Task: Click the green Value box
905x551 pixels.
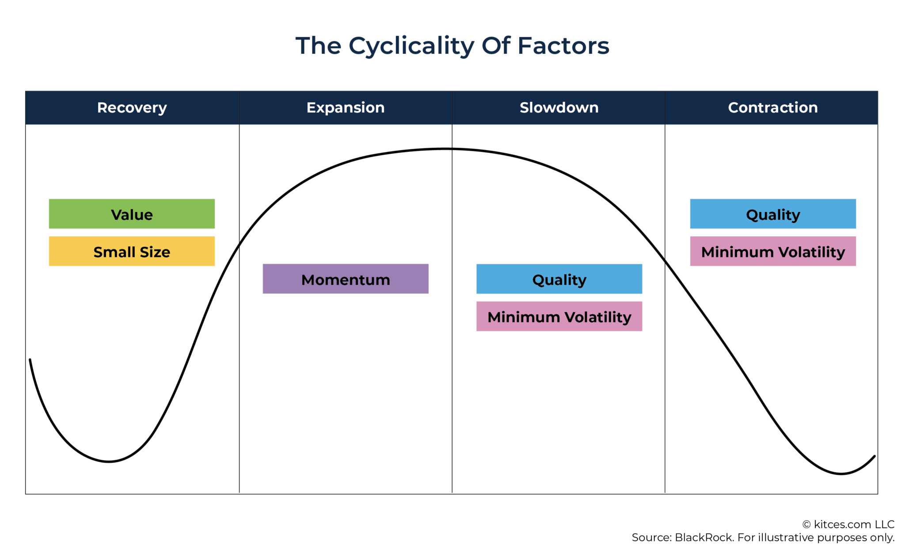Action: (132, 214)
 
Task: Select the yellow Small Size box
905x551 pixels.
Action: (132, 251)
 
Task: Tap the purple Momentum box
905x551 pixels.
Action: (346, 279)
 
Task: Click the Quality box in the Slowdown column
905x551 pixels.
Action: (559, 279)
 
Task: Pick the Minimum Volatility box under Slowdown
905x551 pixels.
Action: (559, 317)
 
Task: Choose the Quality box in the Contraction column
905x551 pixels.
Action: (773, 214)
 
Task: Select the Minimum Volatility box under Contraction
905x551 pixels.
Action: (773, 251)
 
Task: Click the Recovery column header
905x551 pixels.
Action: (132, 108)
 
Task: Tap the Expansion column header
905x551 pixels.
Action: (346, 108)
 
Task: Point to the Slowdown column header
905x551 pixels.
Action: (559, 108)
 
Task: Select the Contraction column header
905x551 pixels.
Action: (773, 108)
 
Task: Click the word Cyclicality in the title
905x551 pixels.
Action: (411, 46)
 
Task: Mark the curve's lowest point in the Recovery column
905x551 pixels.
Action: (109, 462)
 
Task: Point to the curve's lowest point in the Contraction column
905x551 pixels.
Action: (841, 474)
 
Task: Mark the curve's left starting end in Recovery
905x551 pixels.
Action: (30, 360)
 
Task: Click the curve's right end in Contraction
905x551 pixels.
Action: (875, 456)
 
